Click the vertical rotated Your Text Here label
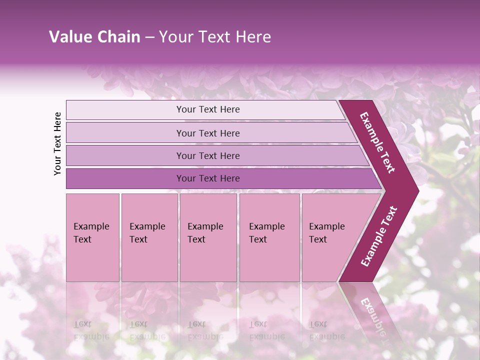pos(57,143)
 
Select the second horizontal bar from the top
pos(207,133)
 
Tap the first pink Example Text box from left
pos(92,237)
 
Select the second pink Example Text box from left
pos(149,237)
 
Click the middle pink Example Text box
pos(208,237)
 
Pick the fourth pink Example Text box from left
pos(269,237)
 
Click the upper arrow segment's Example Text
pos(377,142)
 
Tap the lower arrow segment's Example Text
pos(379,236)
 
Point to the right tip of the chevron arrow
pos(417,190)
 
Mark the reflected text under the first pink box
pos(91,330)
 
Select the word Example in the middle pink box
pos(205,226)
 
